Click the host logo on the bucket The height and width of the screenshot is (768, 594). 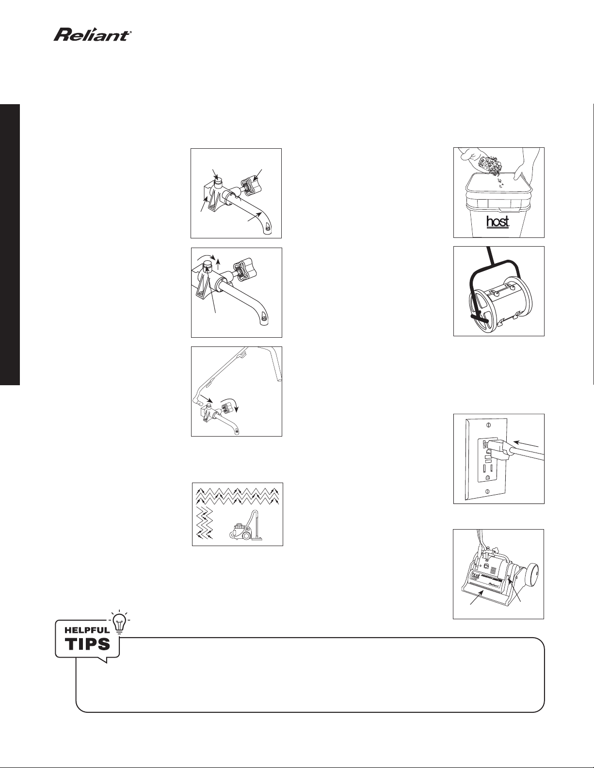(498, 222)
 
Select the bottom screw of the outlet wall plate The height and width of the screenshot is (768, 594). (488, 490)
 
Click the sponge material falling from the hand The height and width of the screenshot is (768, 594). (490, 166)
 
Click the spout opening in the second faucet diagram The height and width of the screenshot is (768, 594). (264, 319)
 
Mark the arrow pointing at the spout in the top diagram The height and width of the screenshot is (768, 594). (254, 217)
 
